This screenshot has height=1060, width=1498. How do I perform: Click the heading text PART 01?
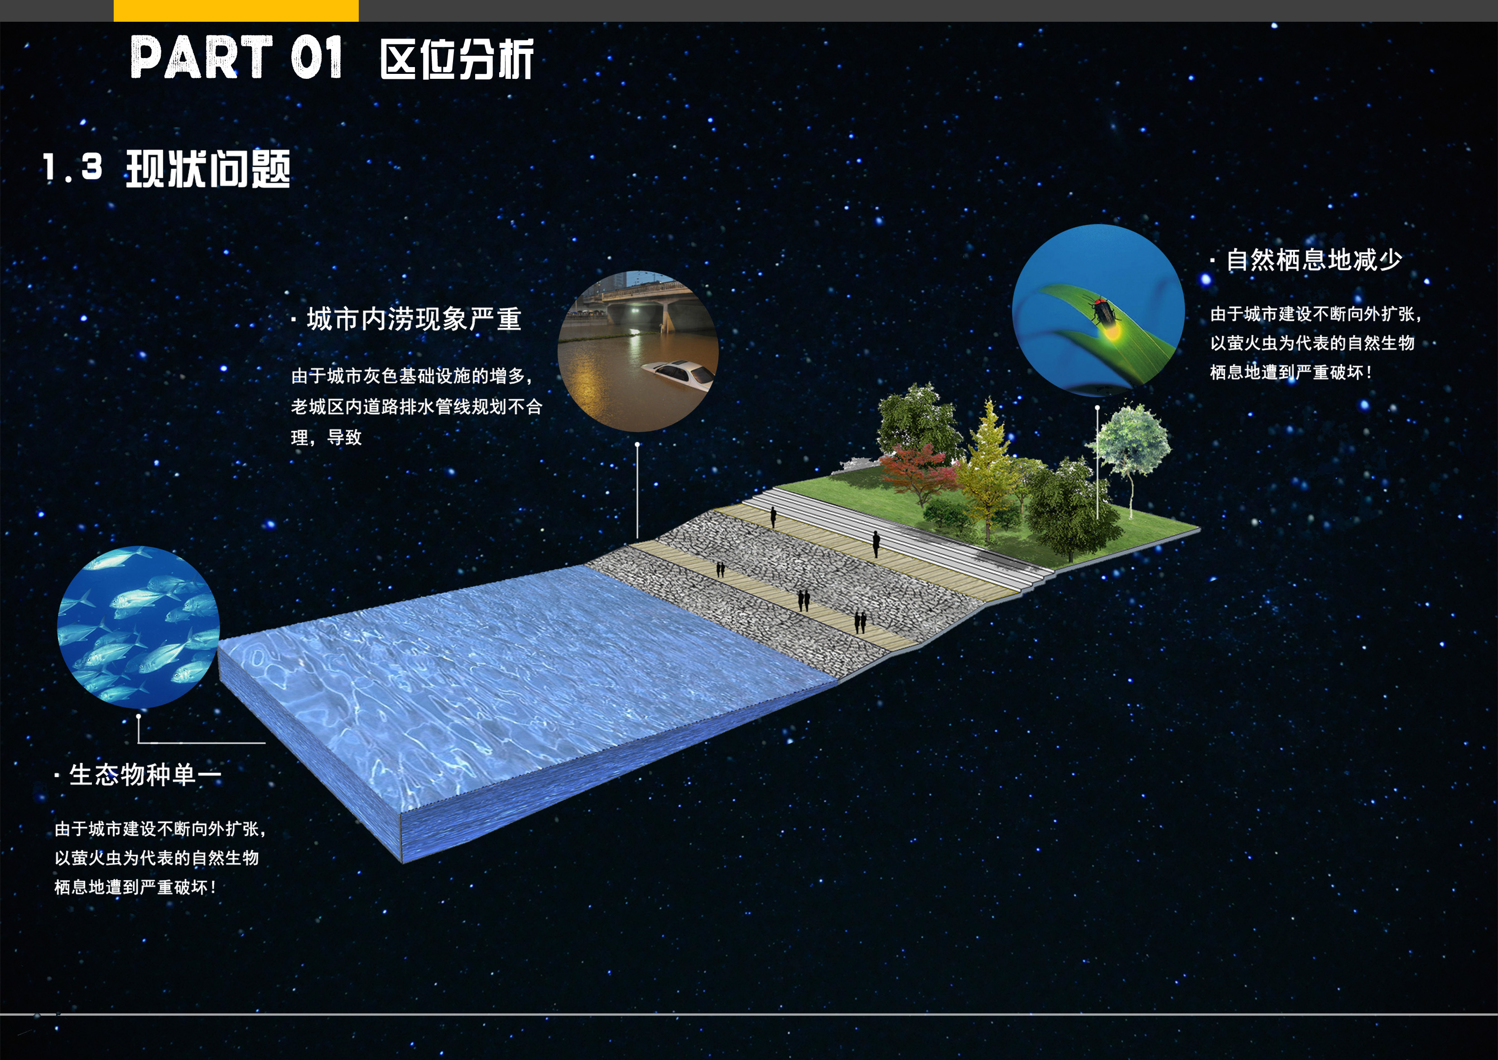[236, 58]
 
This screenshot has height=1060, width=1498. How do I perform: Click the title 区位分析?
[457, 59]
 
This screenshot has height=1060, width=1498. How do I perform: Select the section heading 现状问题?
[207, 169]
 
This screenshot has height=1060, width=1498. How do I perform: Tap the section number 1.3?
[72, 167]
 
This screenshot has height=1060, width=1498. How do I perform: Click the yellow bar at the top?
[236, 10]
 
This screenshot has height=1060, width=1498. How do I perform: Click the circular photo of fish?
[138, 627]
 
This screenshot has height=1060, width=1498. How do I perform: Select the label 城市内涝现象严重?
[414, 319]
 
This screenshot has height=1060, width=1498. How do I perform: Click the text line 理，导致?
[326, 437]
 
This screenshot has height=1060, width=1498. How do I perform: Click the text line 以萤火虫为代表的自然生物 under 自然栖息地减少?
[1313, 343]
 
